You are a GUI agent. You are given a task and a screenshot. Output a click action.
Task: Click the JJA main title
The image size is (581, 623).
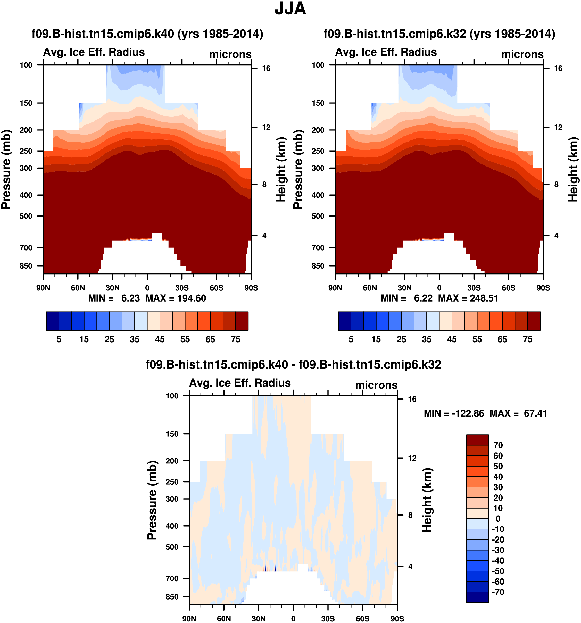290,9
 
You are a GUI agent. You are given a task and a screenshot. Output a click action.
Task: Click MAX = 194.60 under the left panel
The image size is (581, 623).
176,298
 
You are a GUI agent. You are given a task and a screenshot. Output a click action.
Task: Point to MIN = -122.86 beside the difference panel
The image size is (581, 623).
454,413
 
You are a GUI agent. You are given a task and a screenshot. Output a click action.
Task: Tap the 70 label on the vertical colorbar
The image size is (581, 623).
498,445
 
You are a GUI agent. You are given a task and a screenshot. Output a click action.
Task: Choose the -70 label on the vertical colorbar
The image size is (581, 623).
498,592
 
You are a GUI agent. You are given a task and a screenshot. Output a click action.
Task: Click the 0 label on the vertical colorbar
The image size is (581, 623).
498,519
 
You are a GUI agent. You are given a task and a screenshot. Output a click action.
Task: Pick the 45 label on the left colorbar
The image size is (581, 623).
160,339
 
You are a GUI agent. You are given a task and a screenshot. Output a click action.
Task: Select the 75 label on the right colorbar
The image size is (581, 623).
528,339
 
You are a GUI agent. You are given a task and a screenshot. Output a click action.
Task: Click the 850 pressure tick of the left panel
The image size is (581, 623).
26,266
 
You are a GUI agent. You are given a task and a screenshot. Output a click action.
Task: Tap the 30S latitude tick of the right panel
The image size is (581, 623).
474,288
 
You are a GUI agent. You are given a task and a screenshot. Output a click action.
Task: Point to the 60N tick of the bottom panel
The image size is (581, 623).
224,619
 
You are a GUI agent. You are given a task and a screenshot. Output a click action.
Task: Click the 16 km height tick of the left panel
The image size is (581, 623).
266,69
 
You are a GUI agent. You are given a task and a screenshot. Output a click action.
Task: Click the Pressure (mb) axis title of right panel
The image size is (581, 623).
298,169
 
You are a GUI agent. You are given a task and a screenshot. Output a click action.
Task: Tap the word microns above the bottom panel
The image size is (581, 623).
376,385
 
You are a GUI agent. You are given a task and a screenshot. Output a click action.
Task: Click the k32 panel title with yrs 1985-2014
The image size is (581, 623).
439,34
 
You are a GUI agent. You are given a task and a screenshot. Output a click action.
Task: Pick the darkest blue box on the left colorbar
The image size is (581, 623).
52,321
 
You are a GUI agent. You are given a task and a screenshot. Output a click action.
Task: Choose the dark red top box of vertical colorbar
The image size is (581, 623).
477,440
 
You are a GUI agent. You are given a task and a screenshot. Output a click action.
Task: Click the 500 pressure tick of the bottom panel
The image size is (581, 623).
172,547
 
